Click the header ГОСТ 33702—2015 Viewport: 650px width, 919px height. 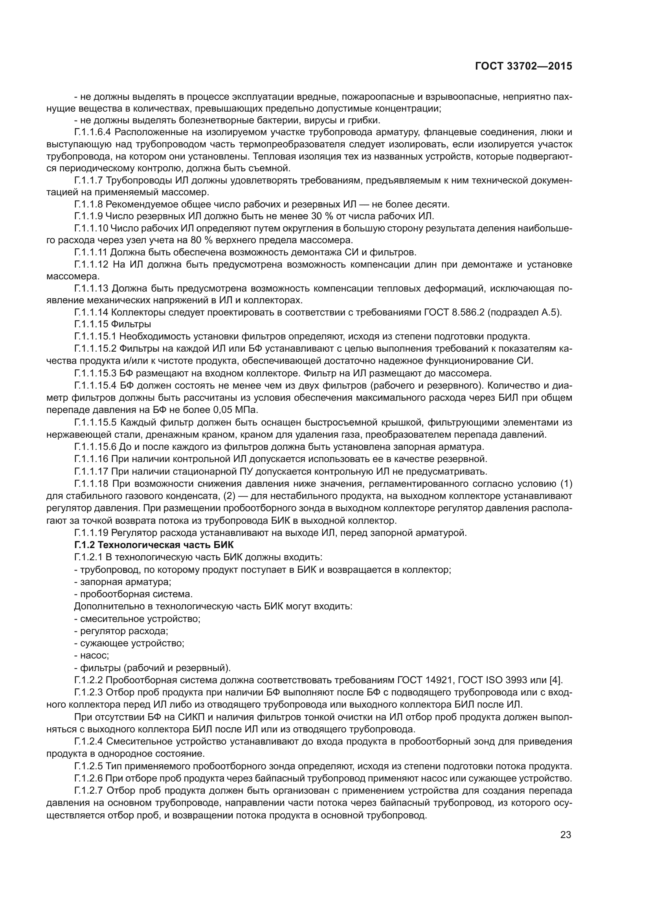[523, 66]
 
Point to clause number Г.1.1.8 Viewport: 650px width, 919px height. [88, 205]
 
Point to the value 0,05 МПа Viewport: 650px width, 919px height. [236, 410]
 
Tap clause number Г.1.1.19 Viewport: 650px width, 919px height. [91, 533]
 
